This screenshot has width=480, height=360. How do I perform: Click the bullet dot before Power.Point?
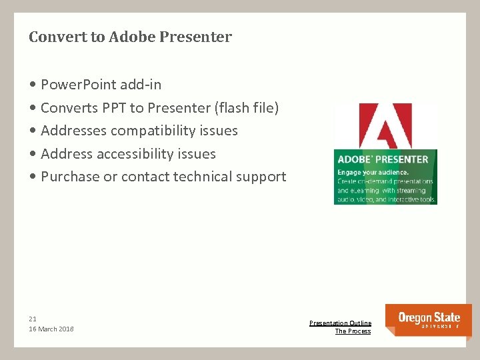coord(33,85)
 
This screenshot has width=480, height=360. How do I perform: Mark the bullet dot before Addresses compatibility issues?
coord(33,131)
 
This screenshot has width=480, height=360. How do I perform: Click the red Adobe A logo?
coord(385,125)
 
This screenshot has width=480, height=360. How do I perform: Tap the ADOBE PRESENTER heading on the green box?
coord(383,159)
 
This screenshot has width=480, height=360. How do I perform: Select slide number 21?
coord(33,319)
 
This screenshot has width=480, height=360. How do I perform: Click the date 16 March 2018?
coord(51,329)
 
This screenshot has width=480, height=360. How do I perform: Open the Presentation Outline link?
coord(340,323)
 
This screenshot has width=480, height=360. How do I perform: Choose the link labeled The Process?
coord(353,331)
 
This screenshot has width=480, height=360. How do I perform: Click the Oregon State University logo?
coord(428,320)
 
